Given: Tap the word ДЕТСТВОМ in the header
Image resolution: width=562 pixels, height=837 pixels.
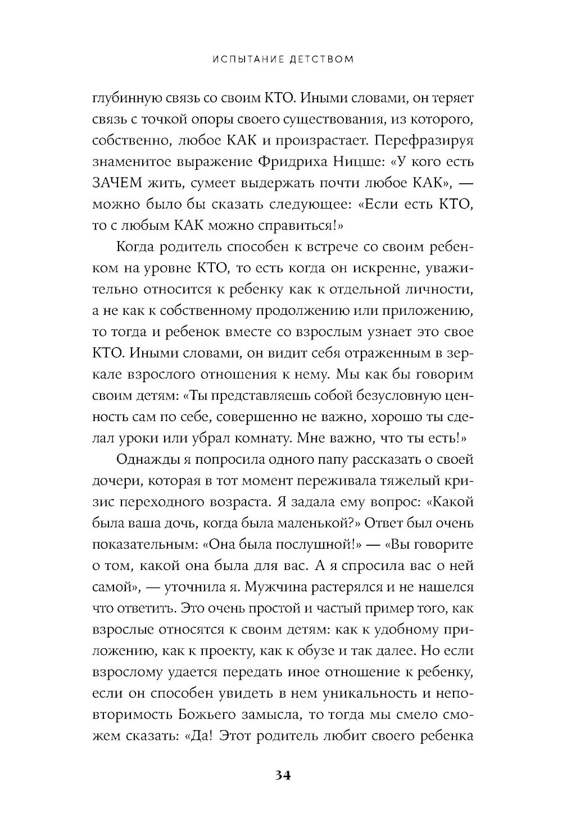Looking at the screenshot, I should [x=320, y=59].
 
